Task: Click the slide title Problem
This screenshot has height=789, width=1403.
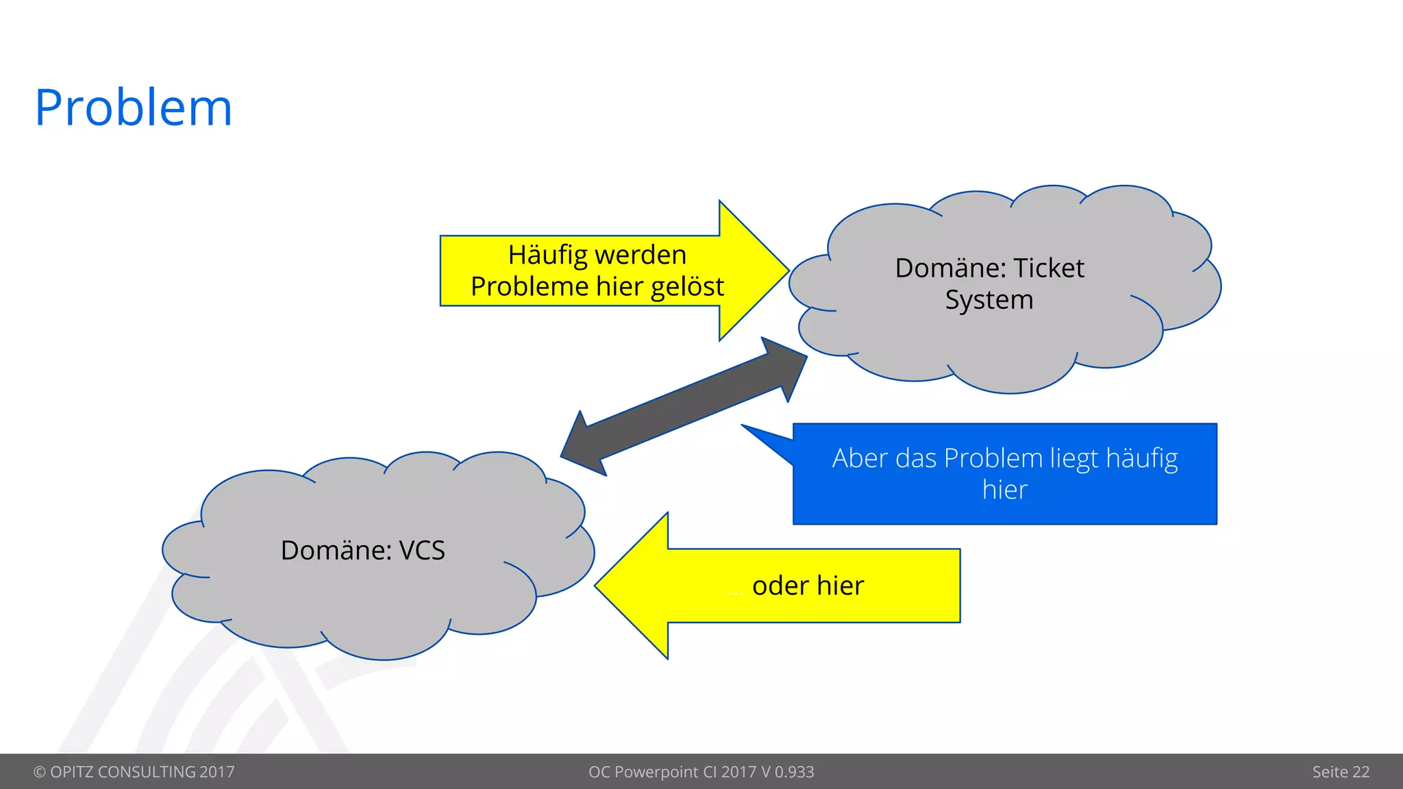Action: pyautogui.click(x=134, y=108)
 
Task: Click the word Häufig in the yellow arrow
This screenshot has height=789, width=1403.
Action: pyautogui.click(x=547, y=255)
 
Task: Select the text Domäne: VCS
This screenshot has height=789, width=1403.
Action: pyautogui.click(x=362, y=551)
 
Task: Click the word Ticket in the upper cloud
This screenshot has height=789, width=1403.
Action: pyautogui.click(x=1048, y=268)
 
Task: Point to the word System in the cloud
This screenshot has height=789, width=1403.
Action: pyautogui.click(x=989, y=300)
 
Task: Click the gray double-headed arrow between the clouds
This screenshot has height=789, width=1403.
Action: pyautogui.click(x=684, y=407)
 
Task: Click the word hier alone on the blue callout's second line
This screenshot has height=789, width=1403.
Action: pyautogui.click(x=1004, y=490)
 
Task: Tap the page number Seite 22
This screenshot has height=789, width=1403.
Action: pyautogui.click(x=1340, y=772)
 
